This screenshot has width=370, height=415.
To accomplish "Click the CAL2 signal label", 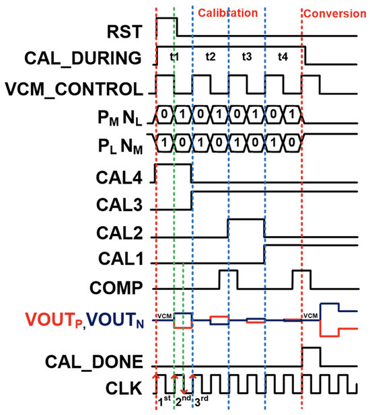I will coord(122,232).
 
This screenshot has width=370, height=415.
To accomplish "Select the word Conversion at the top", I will coord(335,13).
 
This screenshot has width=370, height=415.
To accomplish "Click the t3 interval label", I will coord(246,58).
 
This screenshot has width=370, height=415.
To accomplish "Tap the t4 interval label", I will coord(283,58).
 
